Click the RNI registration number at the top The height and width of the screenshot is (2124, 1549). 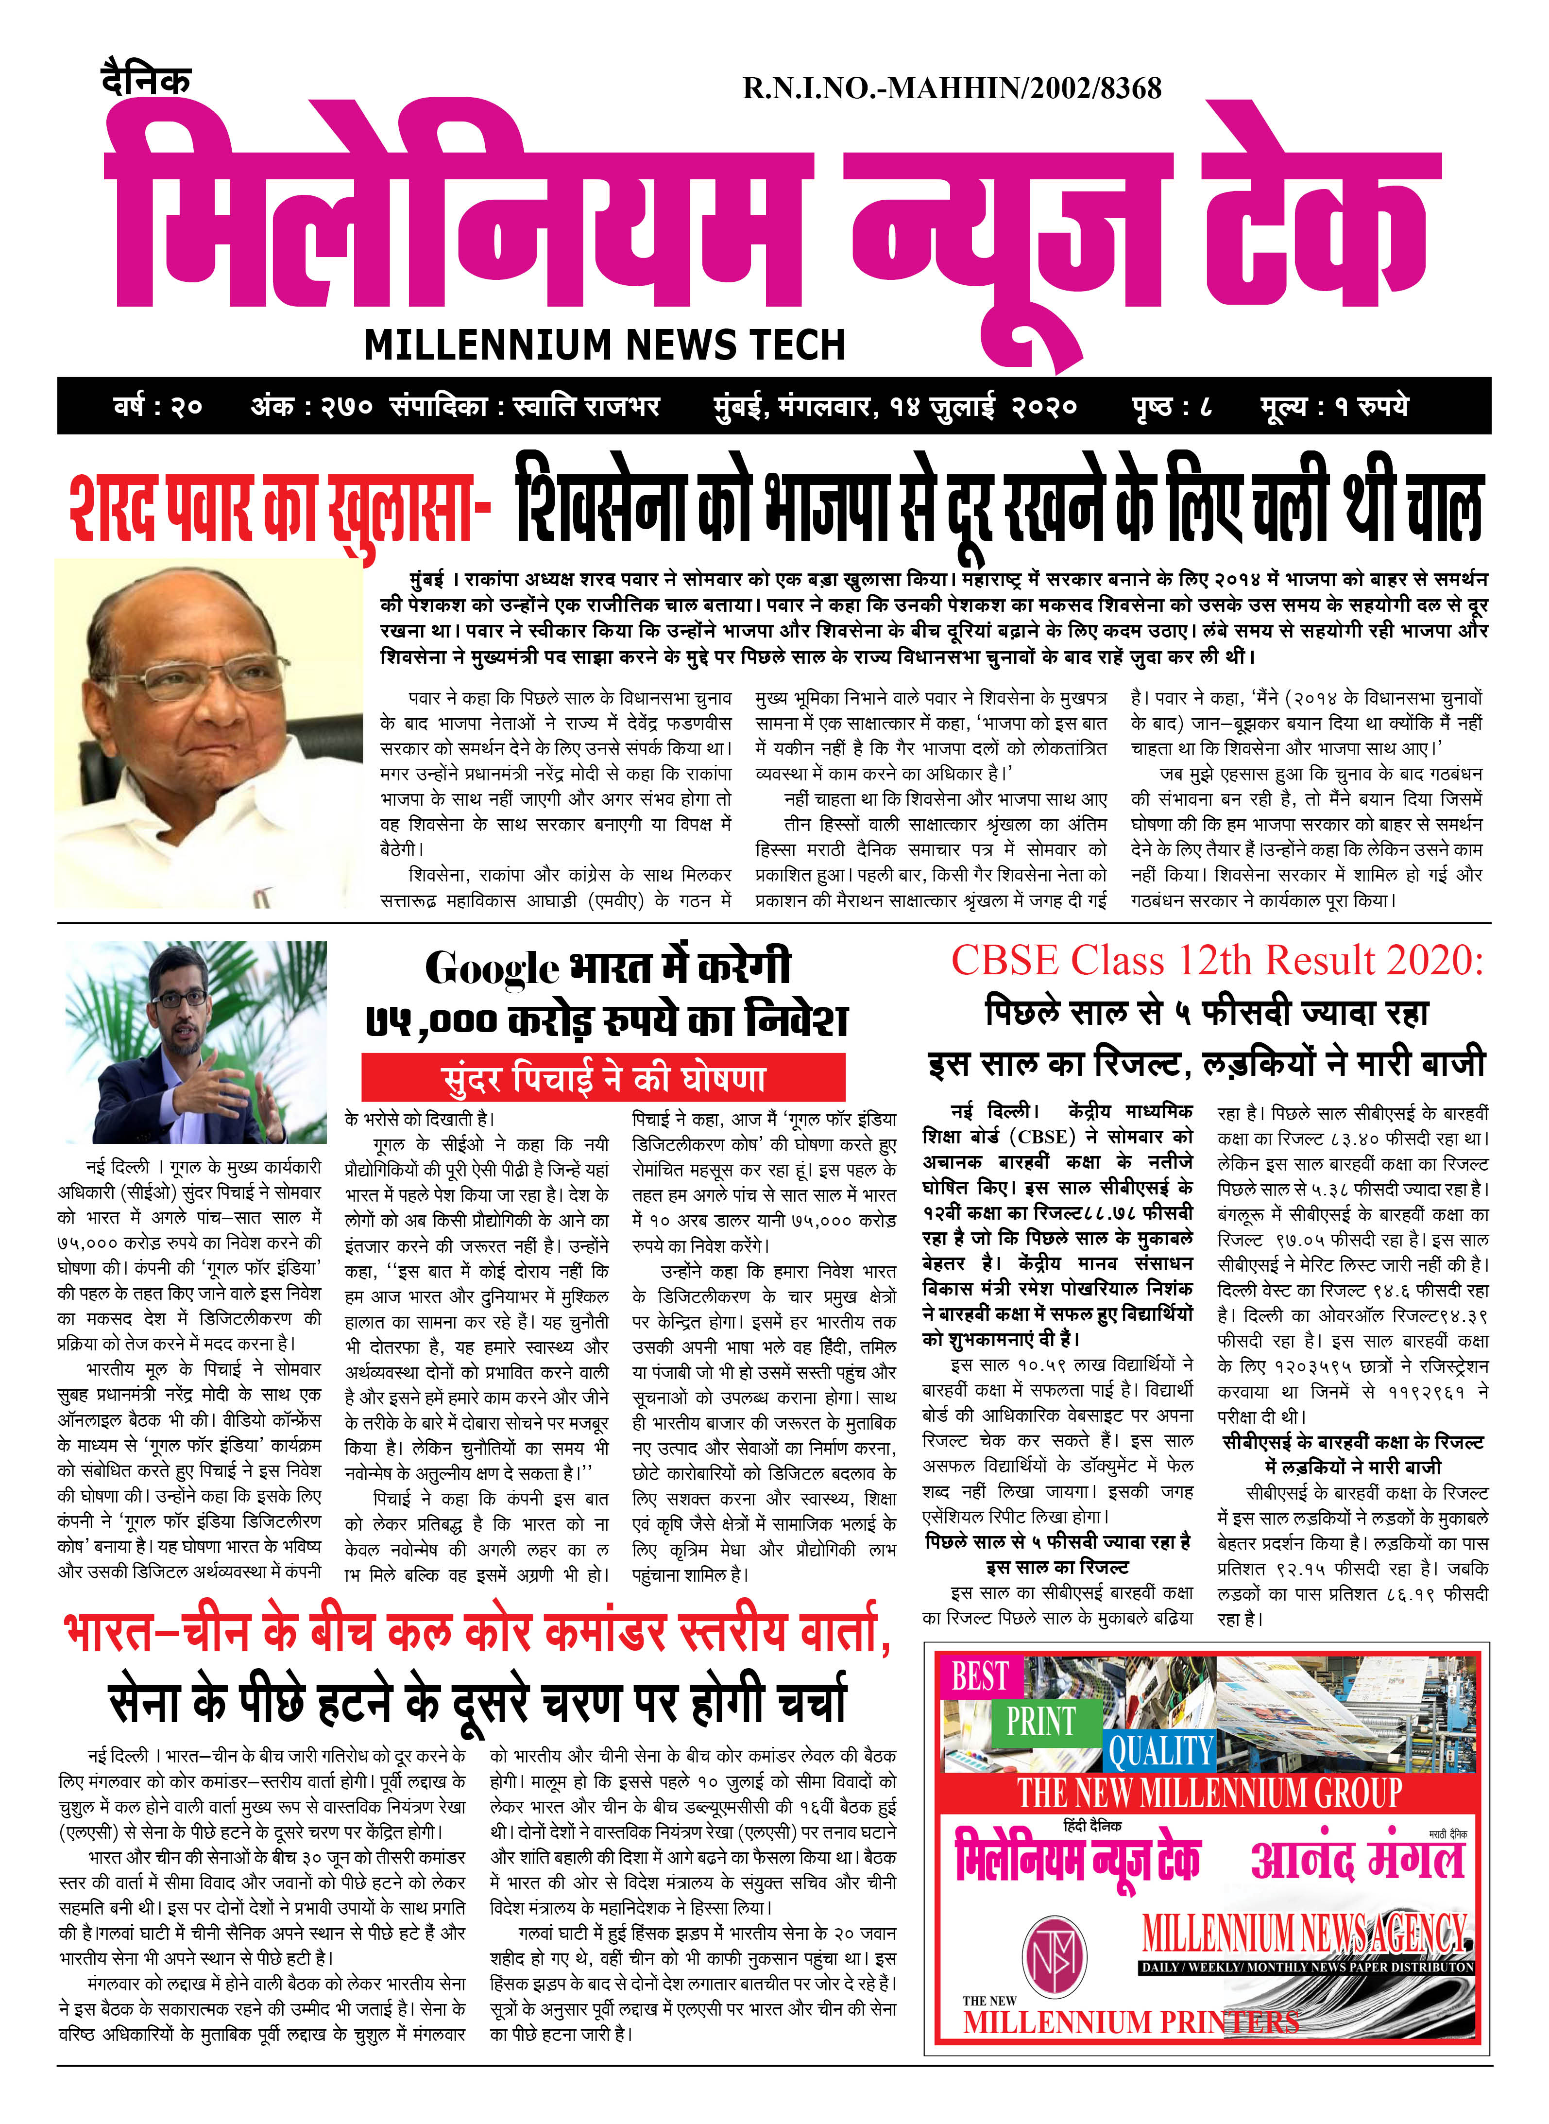click(952, 89)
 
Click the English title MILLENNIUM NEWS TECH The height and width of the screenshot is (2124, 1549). click(605, 345)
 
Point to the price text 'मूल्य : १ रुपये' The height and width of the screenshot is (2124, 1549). click(1333, 407)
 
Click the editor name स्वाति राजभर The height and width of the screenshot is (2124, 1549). click(586, 407)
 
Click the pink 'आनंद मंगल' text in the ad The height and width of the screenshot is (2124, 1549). click(1357, 1860)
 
